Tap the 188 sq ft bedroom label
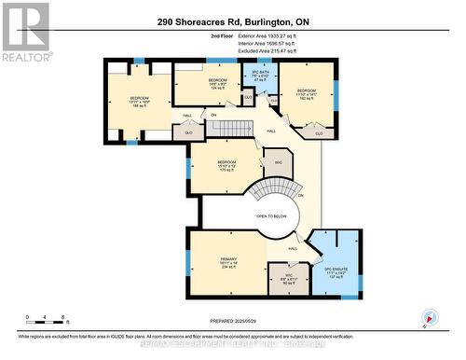(139, 102)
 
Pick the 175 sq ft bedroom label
(227, 165)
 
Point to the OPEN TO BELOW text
(271, 216)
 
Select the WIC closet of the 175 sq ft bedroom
(275, 162)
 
